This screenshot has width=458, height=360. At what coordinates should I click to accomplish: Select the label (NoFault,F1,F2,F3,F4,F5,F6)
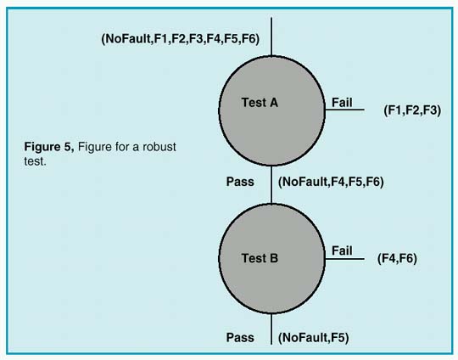pos(180,39)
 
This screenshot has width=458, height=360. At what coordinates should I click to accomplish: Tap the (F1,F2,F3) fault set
pos(412,110)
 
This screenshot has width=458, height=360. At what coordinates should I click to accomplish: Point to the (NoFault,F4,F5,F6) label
pos(331,182)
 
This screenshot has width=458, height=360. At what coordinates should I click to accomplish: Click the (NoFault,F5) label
pos(313,337)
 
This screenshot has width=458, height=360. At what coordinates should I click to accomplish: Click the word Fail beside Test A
pos(341,101)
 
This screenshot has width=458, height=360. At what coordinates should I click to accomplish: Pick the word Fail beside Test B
pos(341,250)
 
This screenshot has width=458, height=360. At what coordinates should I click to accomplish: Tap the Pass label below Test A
pos(240,182)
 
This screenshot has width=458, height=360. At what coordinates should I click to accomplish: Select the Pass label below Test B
pos(240,337)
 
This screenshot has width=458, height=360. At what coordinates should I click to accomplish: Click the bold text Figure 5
pos(49,148)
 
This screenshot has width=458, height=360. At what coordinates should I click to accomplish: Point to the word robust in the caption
pos(161,148)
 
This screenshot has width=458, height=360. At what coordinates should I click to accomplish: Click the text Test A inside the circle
pos(260,103)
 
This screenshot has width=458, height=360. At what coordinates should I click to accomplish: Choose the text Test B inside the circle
pos(260,258)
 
